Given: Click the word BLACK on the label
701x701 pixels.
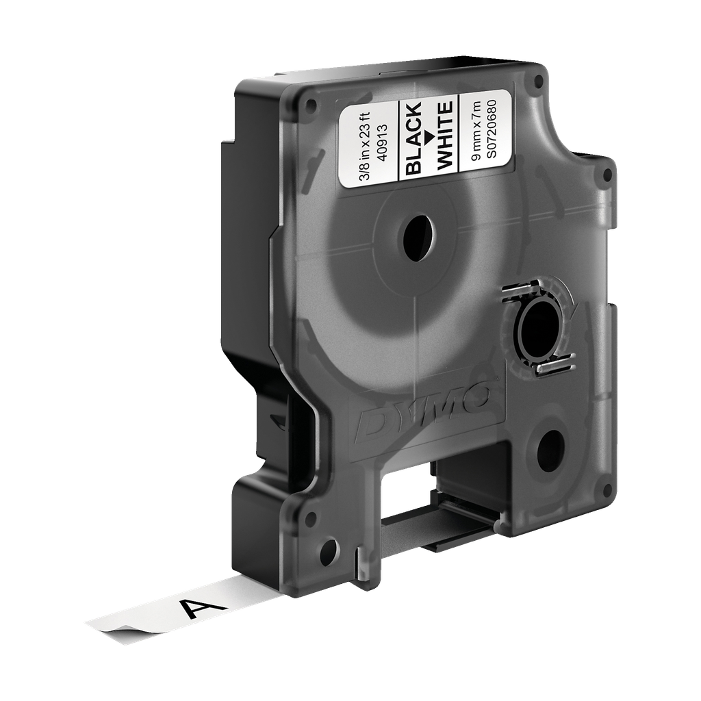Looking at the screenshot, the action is [413, 138].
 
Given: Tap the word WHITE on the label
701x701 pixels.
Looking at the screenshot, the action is [445, 136].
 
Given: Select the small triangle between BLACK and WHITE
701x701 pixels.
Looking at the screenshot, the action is [429, 134].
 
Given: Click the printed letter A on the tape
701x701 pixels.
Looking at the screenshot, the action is [201, 609].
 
